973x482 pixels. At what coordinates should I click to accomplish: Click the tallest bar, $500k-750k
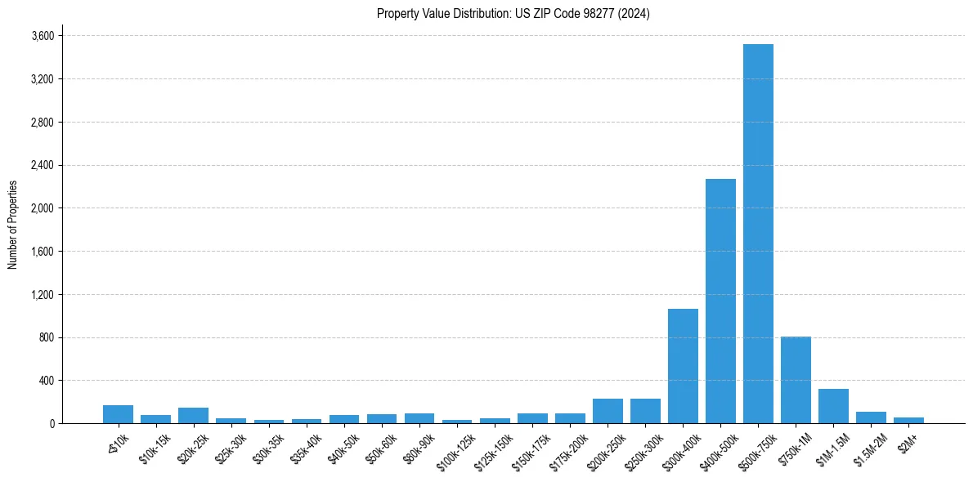click(x=758, y=234)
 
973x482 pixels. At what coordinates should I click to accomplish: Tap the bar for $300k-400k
click(x=683, y=366)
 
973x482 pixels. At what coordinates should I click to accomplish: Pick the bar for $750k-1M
click(x=796, y=380)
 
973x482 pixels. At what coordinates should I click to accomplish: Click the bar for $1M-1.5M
click(x=833, y=406)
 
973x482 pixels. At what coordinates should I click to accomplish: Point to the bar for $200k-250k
click(x=608, y=411)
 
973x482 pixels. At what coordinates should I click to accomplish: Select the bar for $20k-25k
click(x=193, y=415)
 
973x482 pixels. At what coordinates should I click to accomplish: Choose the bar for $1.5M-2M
click(x=871, y=417)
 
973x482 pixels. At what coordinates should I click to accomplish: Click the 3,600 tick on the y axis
click(x=42, y=36)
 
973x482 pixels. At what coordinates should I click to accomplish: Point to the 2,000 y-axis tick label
click(x=42, y=208)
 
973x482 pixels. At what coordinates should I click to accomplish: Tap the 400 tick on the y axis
click(x=46, y=381)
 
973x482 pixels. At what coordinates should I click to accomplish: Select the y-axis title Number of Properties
click(x=13, y=225)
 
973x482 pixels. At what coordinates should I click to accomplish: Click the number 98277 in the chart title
click(x=603, y=14)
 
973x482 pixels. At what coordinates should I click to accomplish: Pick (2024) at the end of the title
click(x=635, y=14)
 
